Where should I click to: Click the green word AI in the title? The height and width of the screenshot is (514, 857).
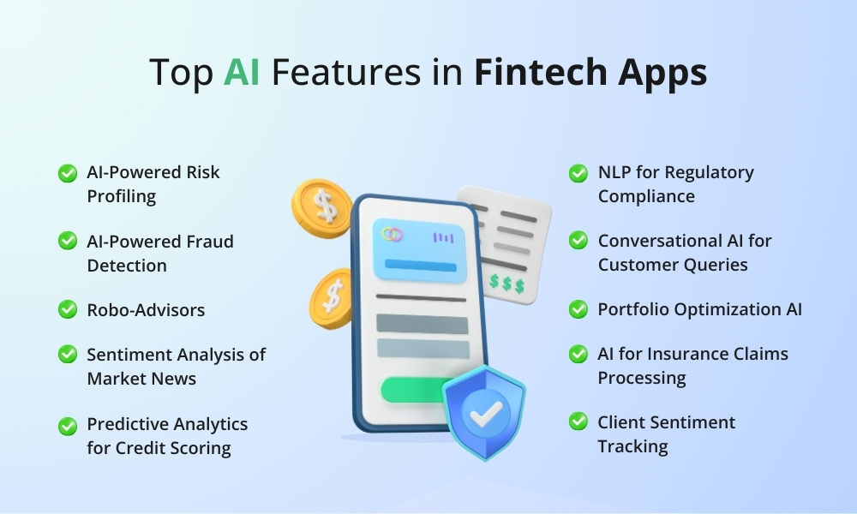[243, 73]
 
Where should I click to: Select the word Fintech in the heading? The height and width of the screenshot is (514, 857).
[543, 73]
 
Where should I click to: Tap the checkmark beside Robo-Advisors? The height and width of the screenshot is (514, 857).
[68, 309]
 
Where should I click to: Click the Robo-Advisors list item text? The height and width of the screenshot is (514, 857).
[146, 310]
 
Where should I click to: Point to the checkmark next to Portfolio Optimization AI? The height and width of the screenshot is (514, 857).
[578, 308]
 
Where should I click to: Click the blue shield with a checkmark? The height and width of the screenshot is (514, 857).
[483, 412]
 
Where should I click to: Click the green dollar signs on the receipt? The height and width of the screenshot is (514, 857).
[507, 283]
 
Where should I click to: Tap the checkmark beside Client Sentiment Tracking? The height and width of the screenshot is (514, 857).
[578, 422]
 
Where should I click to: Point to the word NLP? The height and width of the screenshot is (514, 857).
[616, 172]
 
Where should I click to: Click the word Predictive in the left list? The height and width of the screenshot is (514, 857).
[125, 424]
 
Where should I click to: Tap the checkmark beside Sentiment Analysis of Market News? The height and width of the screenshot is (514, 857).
[68, 355]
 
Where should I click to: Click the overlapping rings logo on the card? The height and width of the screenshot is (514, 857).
[393, 235]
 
